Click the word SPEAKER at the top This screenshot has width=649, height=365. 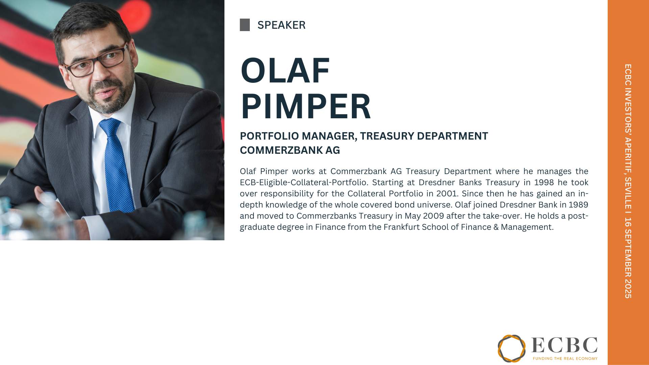281,25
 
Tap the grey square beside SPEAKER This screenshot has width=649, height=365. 245,25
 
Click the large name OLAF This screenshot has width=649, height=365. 285,70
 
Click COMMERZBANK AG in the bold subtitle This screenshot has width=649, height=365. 290,150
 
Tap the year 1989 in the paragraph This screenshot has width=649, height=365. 578,205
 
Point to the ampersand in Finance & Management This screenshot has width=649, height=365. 496,227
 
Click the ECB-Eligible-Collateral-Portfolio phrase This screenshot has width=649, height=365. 304,182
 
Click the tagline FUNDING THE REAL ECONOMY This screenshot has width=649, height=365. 565,358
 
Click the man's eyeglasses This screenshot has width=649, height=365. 96,61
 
